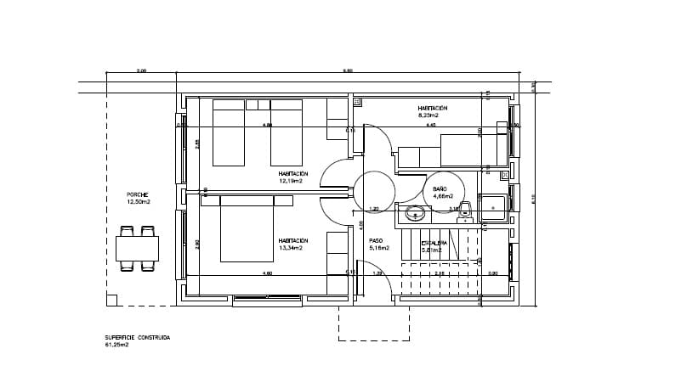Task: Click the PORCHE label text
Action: [138, 194]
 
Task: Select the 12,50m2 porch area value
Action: [139, 202]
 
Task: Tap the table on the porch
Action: [137, 249]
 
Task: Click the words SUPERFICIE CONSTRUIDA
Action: [137, 338]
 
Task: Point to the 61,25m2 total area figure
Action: [116, 346]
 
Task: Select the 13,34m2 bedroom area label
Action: [293, 249]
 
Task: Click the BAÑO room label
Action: [440, 188]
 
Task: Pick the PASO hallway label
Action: [376, 241]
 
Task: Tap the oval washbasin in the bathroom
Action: [416, 213]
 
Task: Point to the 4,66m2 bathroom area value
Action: [444, 196]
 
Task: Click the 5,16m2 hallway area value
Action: [379, 249]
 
